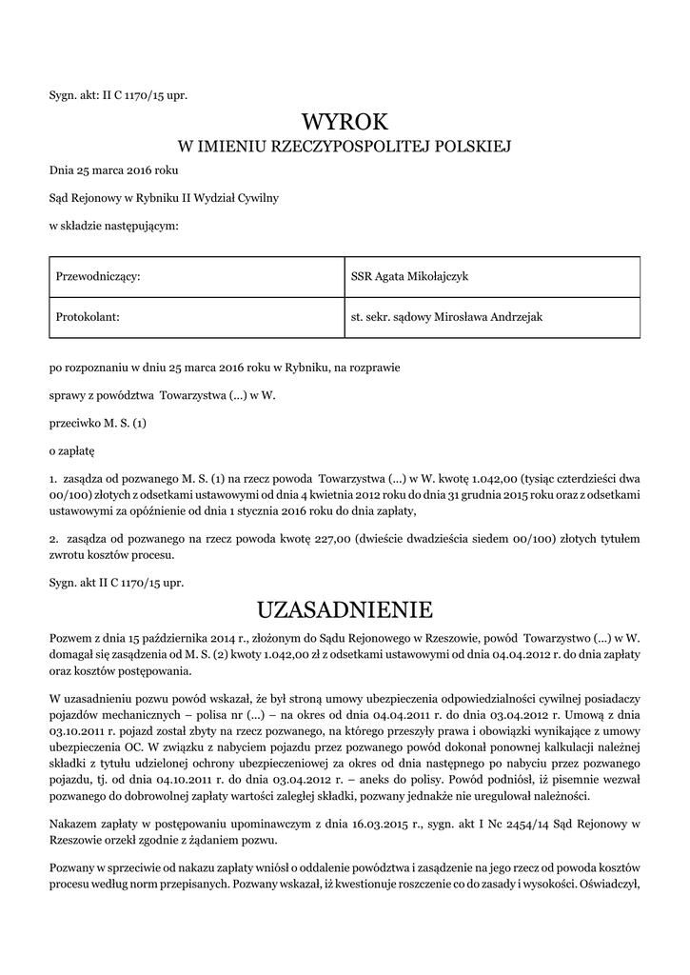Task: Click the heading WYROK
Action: [345, 122]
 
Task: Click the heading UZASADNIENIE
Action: [345, 607]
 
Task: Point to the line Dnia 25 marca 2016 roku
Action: [113, 171]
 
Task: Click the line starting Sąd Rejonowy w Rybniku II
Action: [164, 198]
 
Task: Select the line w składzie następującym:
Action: [113, 226]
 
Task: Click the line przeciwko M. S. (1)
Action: [99, 420]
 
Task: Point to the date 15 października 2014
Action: [151, 636]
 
